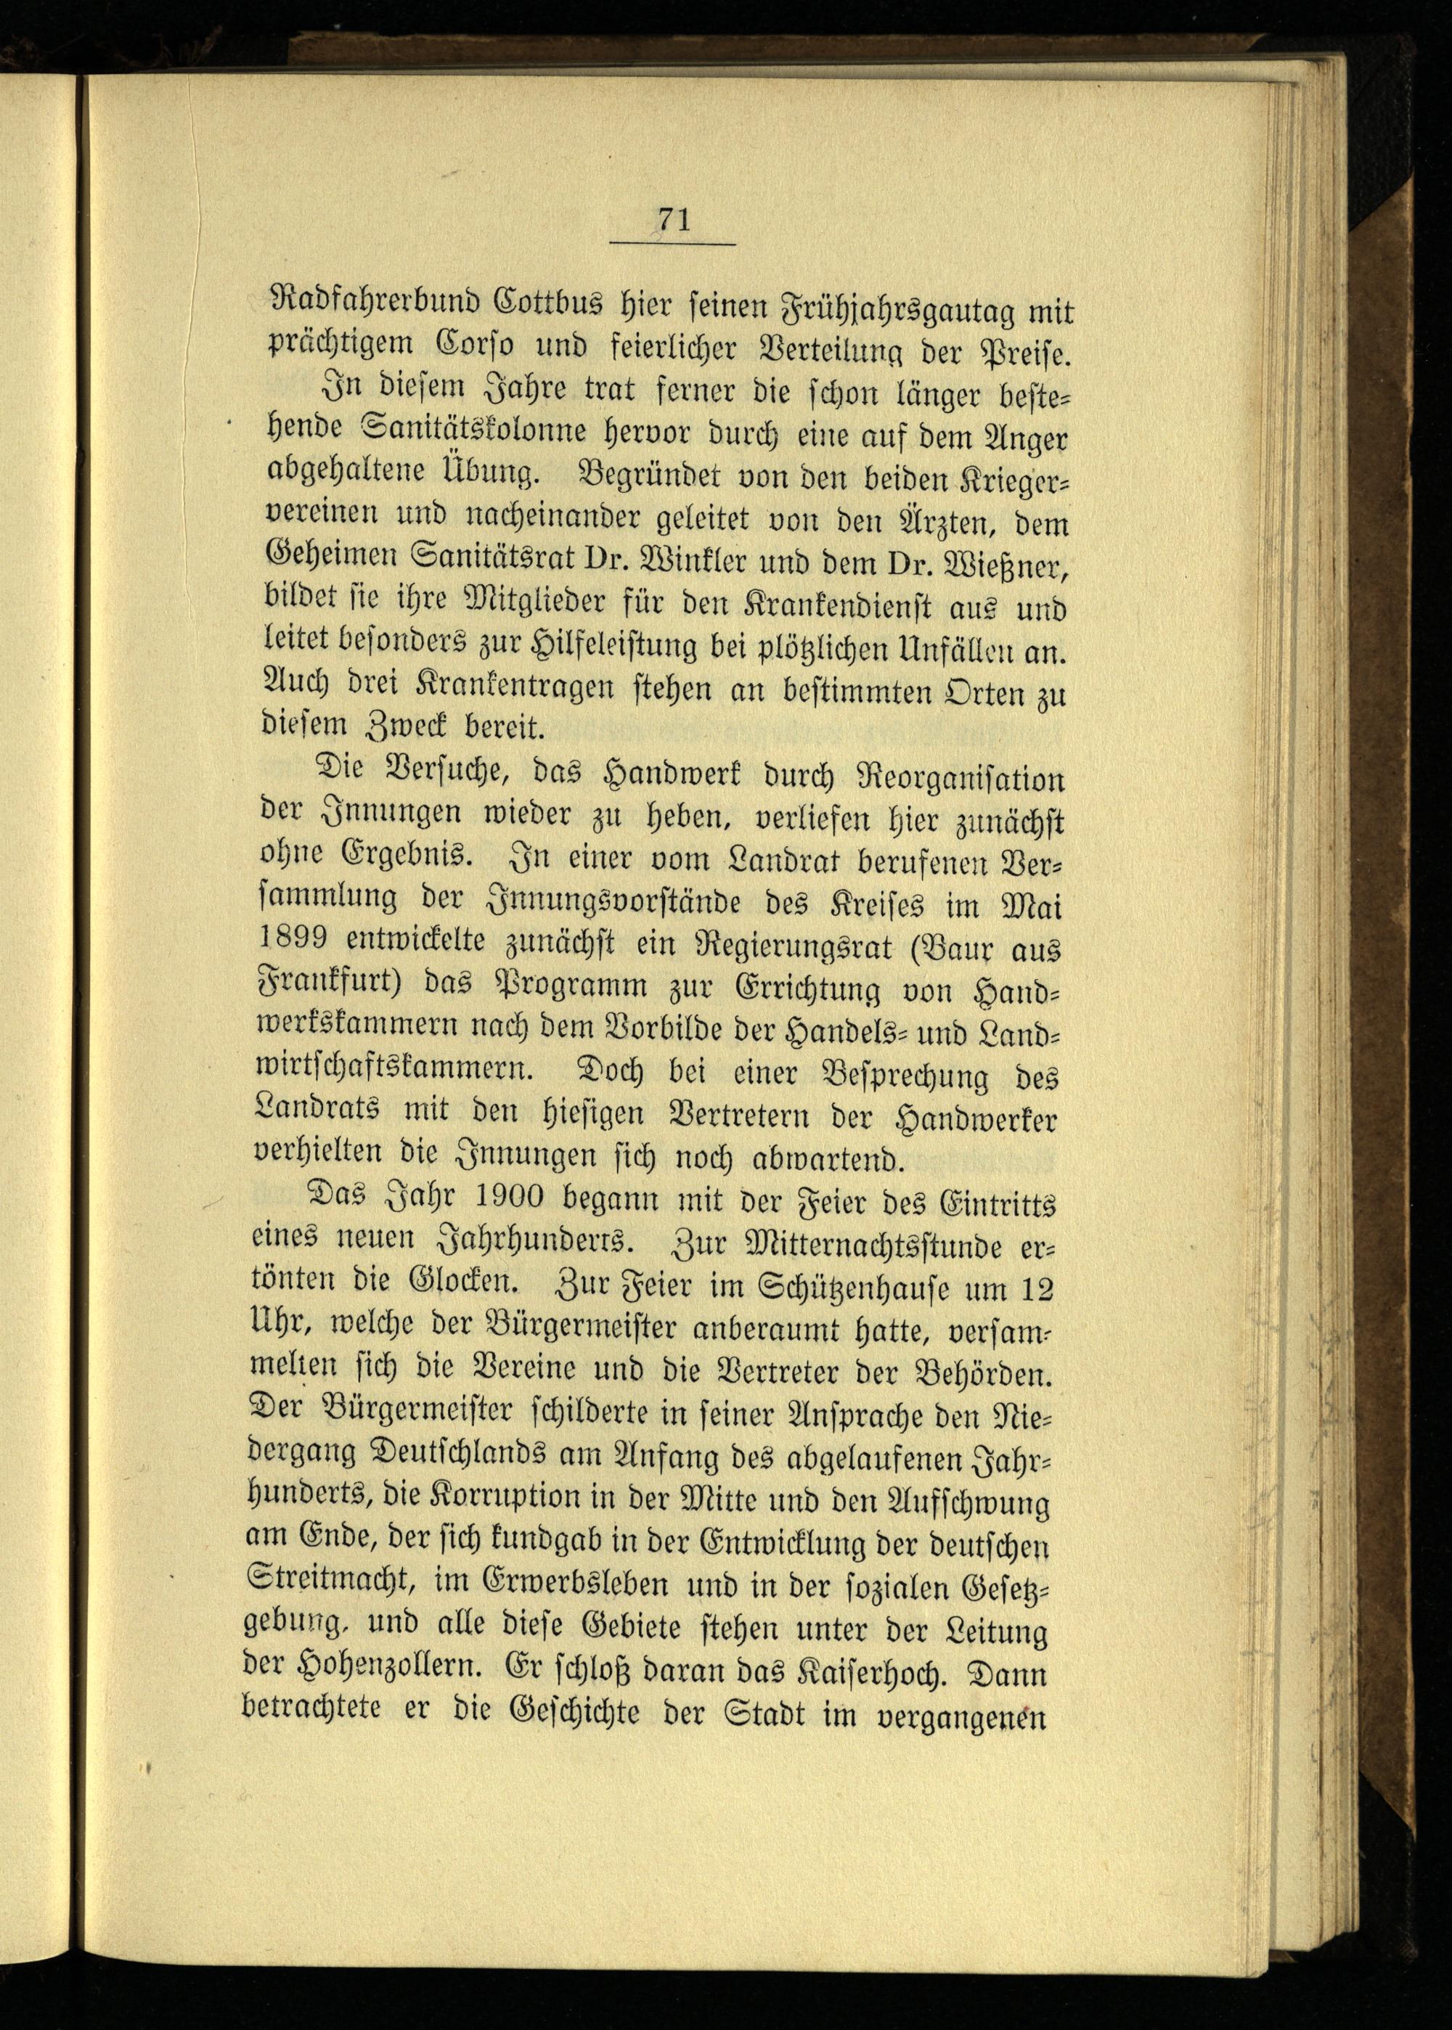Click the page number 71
tap(673, 219)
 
